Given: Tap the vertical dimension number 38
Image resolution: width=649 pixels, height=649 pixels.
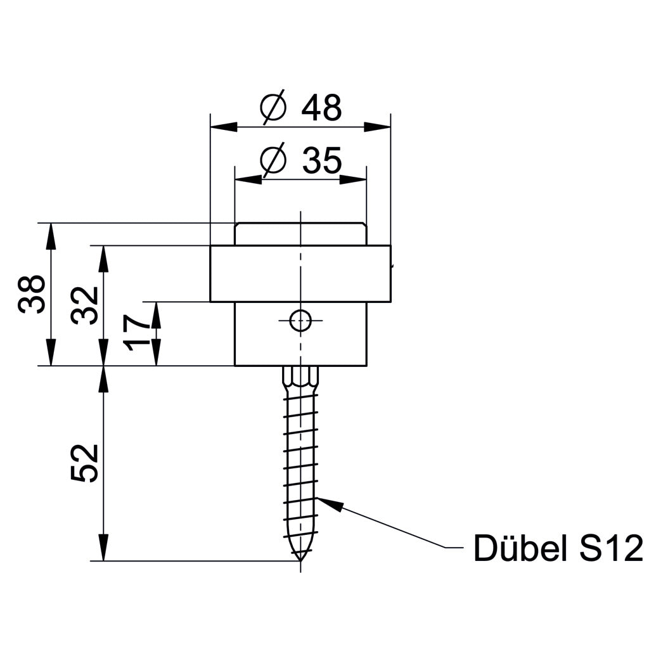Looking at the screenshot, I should (x=32, y=293).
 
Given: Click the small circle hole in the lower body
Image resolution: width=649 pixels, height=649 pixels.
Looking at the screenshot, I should (x=300, y=321).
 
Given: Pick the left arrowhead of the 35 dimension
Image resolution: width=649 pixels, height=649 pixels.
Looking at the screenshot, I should (x=247, y=179).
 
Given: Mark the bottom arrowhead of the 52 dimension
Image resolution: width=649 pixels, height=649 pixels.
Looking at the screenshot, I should (x=103, y=549).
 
